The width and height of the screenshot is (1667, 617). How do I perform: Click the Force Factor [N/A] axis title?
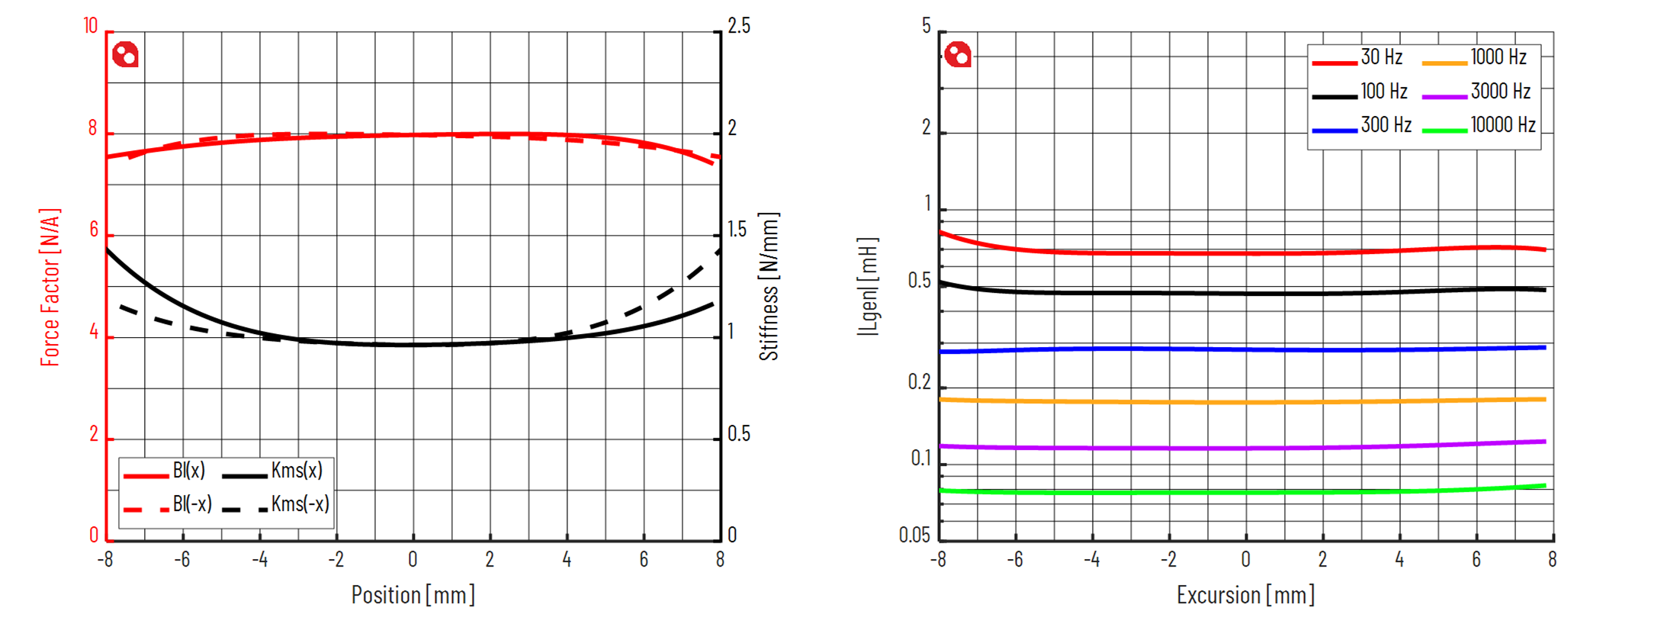(x=50, y=287)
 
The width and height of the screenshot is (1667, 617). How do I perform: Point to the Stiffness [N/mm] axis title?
(x=769, y=287)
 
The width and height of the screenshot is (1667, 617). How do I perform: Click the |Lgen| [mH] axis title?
(x=868, y=287)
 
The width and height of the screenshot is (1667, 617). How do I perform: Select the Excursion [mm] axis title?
(x=1245, y=595)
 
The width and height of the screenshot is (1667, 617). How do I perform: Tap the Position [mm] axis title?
(x=413, y=595)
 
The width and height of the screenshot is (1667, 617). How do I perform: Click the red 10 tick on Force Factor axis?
(x=91, y=27)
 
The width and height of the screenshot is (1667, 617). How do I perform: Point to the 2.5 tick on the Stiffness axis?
(x=738, y=27)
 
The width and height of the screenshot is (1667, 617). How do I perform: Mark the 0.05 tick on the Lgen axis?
(x=914, y=535)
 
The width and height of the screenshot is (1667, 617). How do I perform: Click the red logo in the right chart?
(x=958, y=55)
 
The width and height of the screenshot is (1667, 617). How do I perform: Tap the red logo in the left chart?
(x=125, y=55)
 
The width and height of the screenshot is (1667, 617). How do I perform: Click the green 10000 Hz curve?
(x=1245, y=492)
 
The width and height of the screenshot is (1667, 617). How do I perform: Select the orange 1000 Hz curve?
(x=1245, y=402)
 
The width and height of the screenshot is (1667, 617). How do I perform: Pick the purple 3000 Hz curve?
(x=1245, y=448)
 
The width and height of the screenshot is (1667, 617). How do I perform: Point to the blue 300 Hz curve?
(x=1245, y=349)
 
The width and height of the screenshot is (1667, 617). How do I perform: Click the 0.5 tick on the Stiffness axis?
(x=738, y=434)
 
